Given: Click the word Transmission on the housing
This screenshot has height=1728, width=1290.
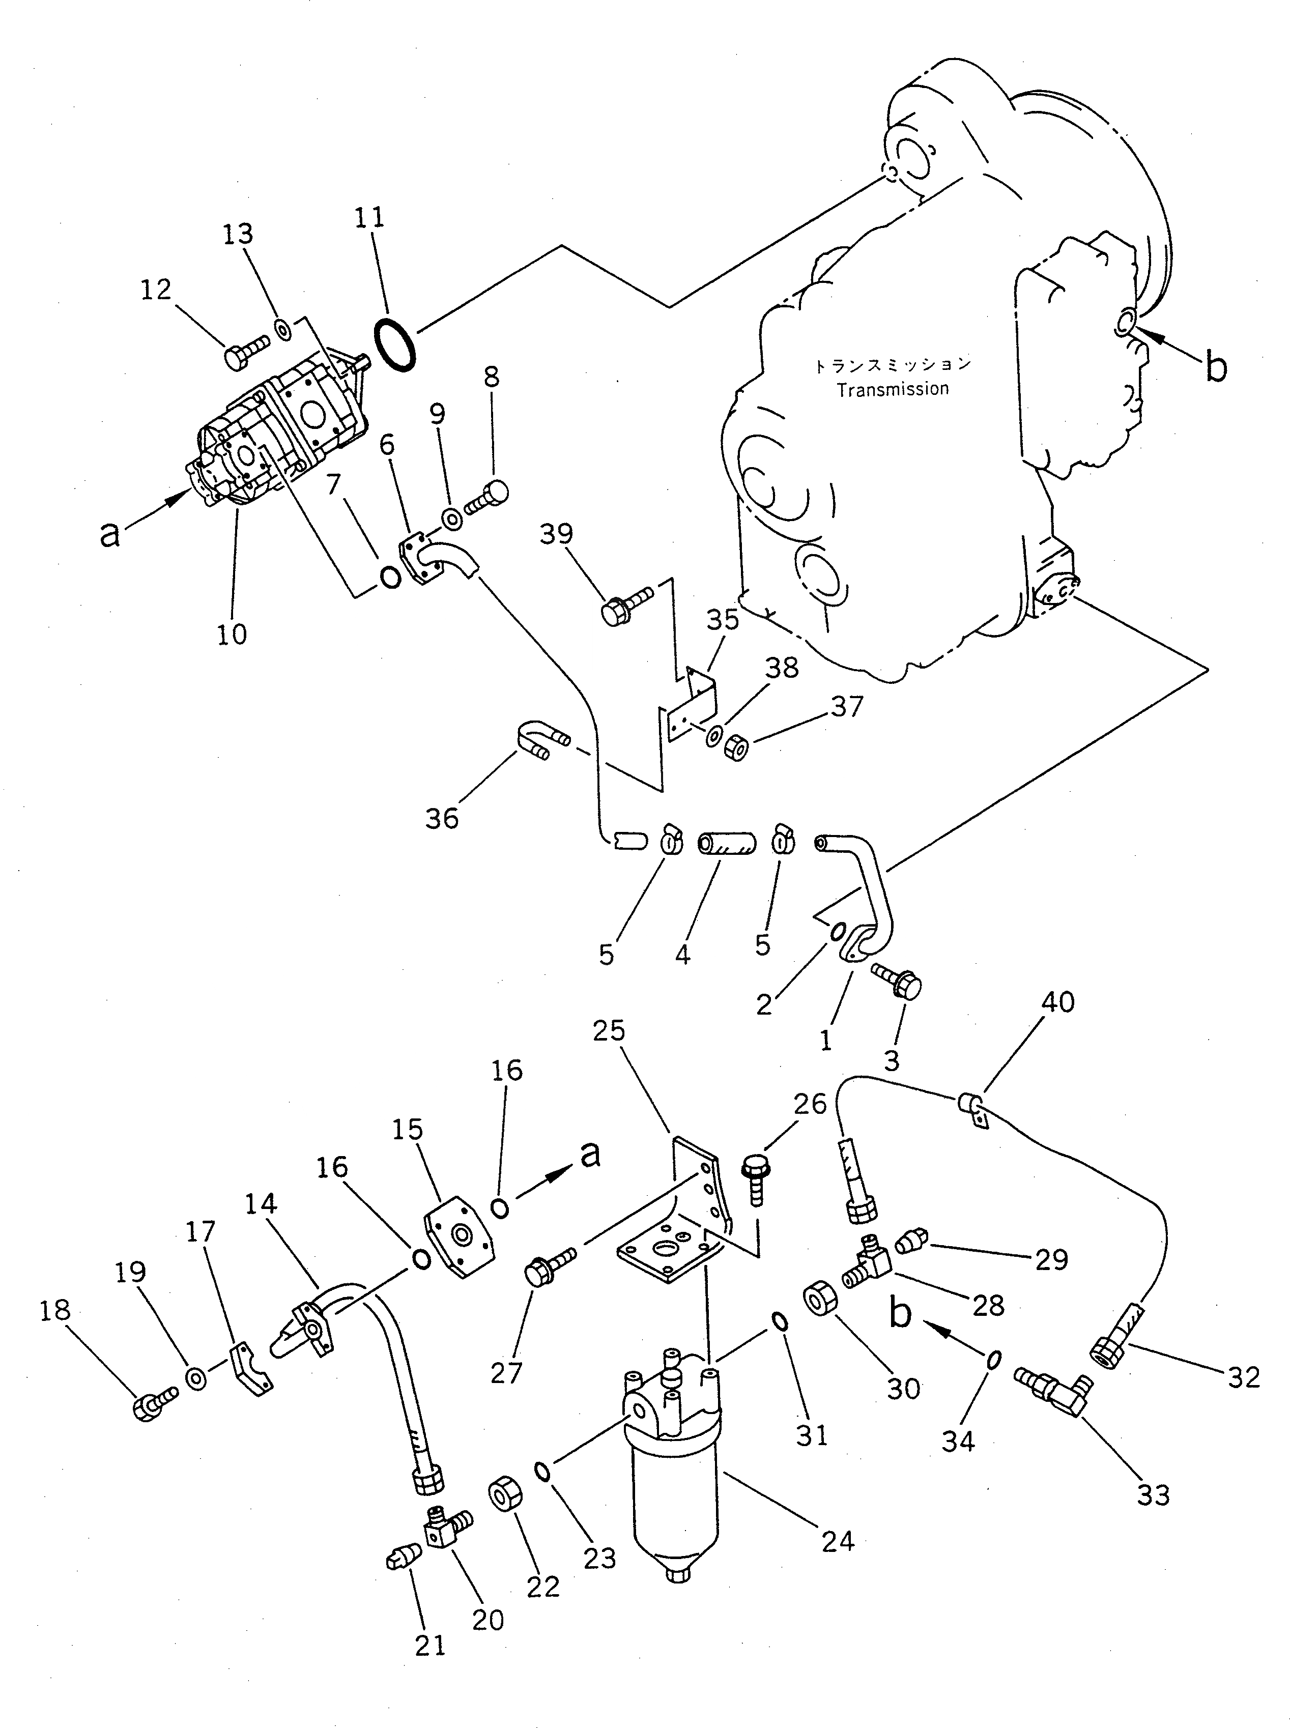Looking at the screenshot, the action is pyautogui.click(x=893, y=389).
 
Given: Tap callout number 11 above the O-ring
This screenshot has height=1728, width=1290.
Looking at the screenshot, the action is pyautogui.click(x=369, y=218).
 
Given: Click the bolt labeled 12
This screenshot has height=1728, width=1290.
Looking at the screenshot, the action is pyautogui.click(x=246, y=351).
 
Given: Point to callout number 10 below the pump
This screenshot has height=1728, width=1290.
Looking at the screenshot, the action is pyautogui.click(x=232, y=633).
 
